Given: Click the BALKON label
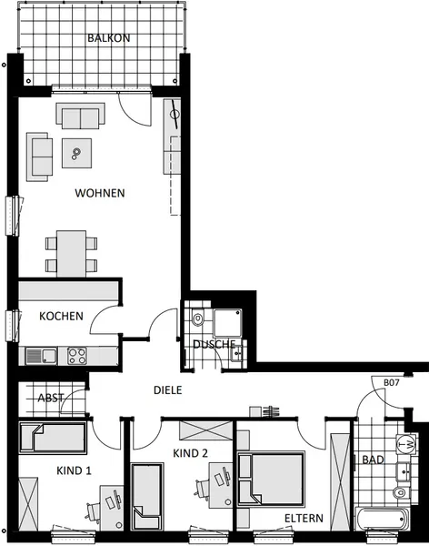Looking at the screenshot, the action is click(108, 37).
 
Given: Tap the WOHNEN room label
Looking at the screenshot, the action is click(100, 193).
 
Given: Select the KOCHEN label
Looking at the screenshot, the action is click(61, 316).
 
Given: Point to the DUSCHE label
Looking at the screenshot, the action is click(214, 344).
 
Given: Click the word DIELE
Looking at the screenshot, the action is click(168, 390).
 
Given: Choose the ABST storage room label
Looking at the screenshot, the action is click(51, 398).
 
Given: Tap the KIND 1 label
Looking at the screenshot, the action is click(74, 470).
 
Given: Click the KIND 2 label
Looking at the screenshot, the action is click(190, 453).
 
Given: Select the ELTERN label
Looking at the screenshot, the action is click(304, 518).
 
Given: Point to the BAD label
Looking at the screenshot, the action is click(373, 460).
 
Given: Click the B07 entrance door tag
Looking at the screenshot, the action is click(392, 382).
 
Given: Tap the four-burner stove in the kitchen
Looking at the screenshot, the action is click(77, 356).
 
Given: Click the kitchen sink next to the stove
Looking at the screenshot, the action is click(42, 356).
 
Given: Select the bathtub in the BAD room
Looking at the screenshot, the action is click(383, 520).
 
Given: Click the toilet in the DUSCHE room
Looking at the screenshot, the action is click(198, 318).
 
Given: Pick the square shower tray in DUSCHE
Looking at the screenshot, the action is click(228, 323).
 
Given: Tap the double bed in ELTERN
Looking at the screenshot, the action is click(270, 479).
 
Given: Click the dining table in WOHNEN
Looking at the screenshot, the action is click(72, 254).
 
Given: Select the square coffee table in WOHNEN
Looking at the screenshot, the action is click(77, 153).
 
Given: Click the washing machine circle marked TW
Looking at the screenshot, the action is click(406, 444).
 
